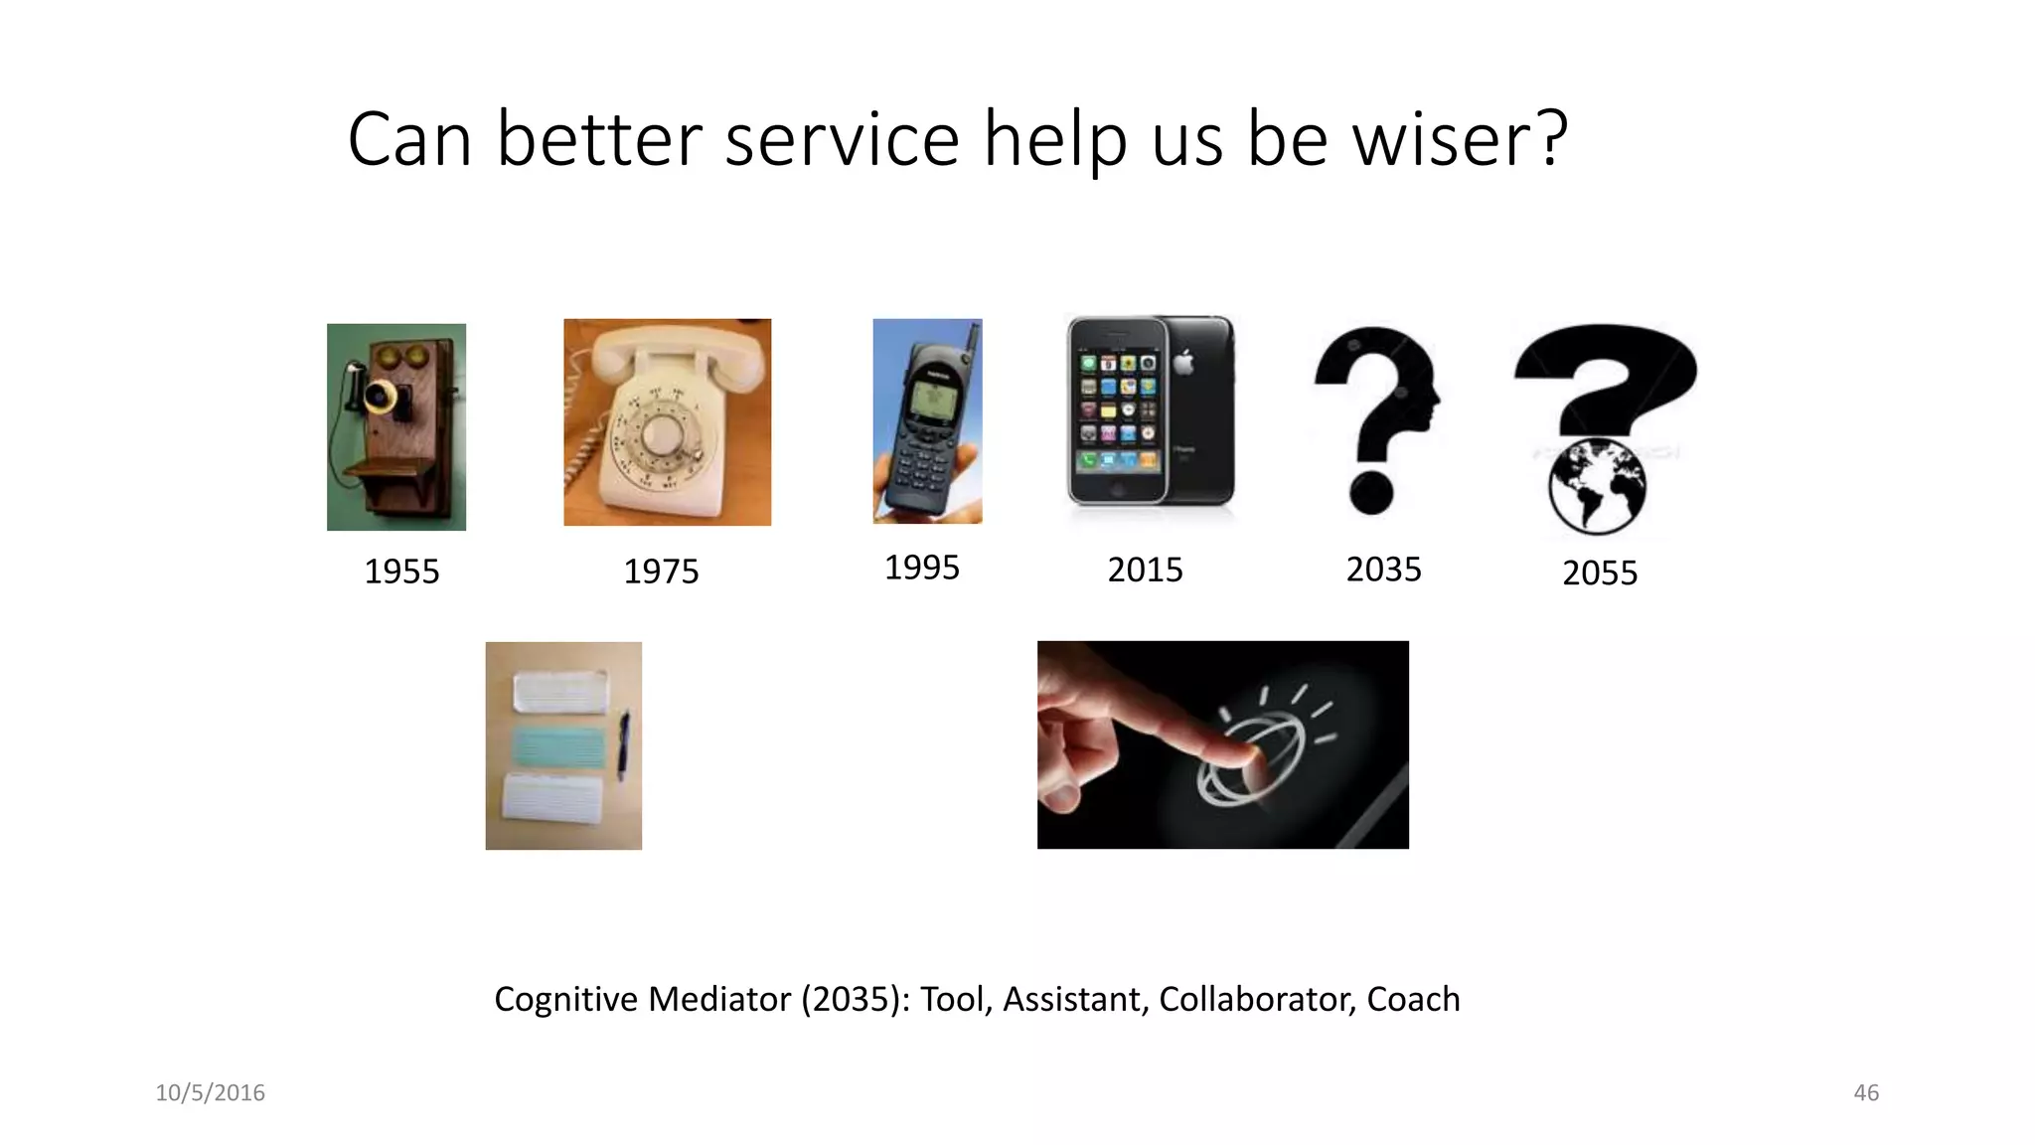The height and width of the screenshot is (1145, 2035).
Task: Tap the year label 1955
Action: (401, 572)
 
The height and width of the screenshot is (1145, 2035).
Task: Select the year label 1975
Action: (661, 572)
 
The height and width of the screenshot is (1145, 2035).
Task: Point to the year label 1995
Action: (922, 568)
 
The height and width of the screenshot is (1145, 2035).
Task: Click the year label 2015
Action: (1145, 570)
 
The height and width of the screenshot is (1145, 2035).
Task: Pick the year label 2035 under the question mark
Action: (1383, 569)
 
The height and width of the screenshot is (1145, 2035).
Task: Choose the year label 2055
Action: (1599, 572)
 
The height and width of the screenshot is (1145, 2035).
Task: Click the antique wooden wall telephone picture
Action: (396, 426)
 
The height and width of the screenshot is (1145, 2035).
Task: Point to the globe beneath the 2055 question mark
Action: (1597, 487)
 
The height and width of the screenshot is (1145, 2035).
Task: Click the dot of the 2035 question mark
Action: (1372, 492)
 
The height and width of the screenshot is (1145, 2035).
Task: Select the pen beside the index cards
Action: (624, 744)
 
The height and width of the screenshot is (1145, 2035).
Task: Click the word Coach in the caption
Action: (1413, 999)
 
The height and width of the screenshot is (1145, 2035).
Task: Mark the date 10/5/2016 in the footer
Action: (210, 1092)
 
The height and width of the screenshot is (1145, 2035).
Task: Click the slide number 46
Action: (1866, 1092)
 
